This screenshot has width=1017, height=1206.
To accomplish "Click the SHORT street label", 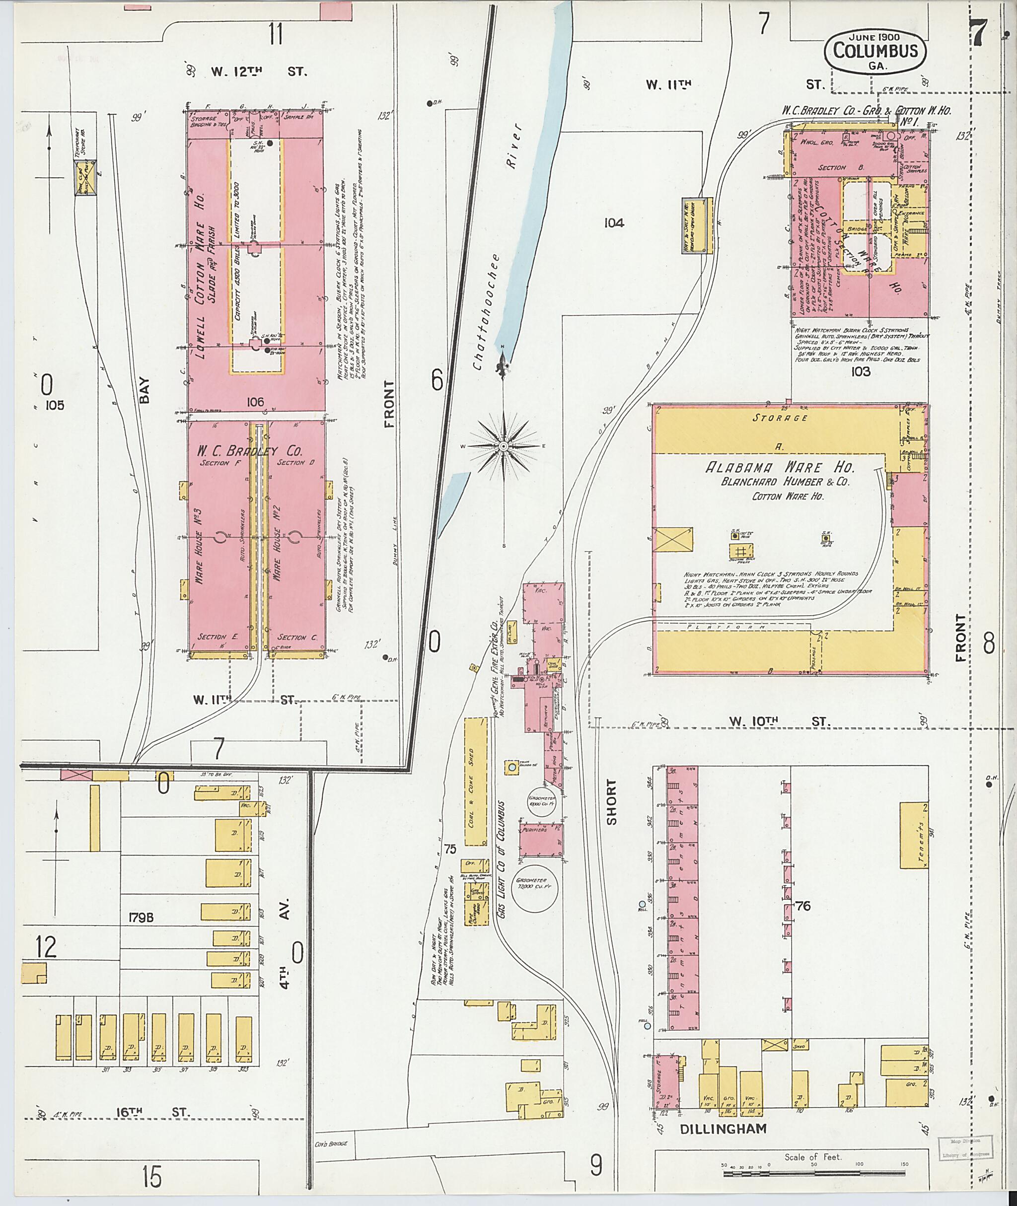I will pyautogui.click(x=611, y=802).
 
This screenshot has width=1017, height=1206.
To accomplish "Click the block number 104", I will pyautogui.click(x=614, y=222).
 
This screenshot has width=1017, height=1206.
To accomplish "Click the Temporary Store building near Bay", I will pyautogui.click(x=86, y=178).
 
